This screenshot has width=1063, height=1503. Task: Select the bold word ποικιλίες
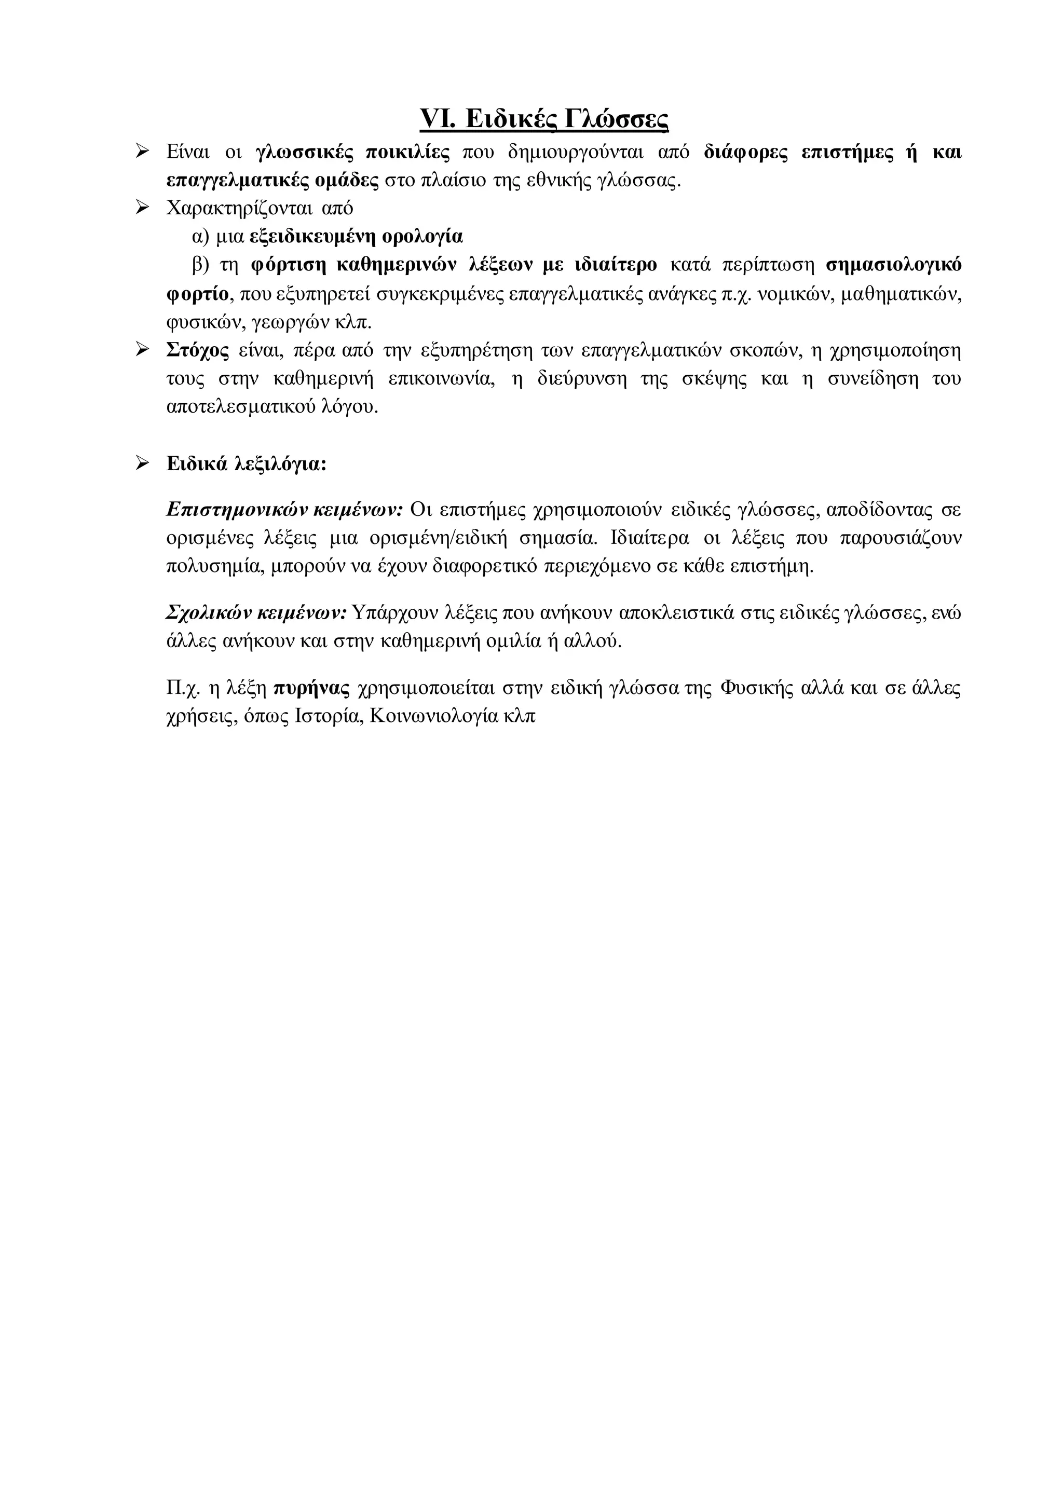pyautogui.click(x=407, y=153)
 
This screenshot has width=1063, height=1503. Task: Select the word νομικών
pyautogui.click(x=793, y=294)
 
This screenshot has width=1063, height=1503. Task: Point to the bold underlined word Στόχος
pyautogui.click(x=198, y=351)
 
